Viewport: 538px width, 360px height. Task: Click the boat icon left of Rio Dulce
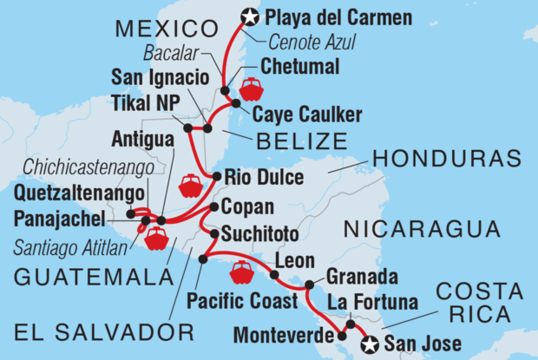coord(190,186)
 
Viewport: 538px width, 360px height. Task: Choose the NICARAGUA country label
coord(422,230)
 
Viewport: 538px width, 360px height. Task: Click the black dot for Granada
coord(309,285)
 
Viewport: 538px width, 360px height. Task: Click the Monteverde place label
coord(279,331)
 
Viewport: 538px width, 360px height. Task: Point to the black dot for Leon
coord(274,275)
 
